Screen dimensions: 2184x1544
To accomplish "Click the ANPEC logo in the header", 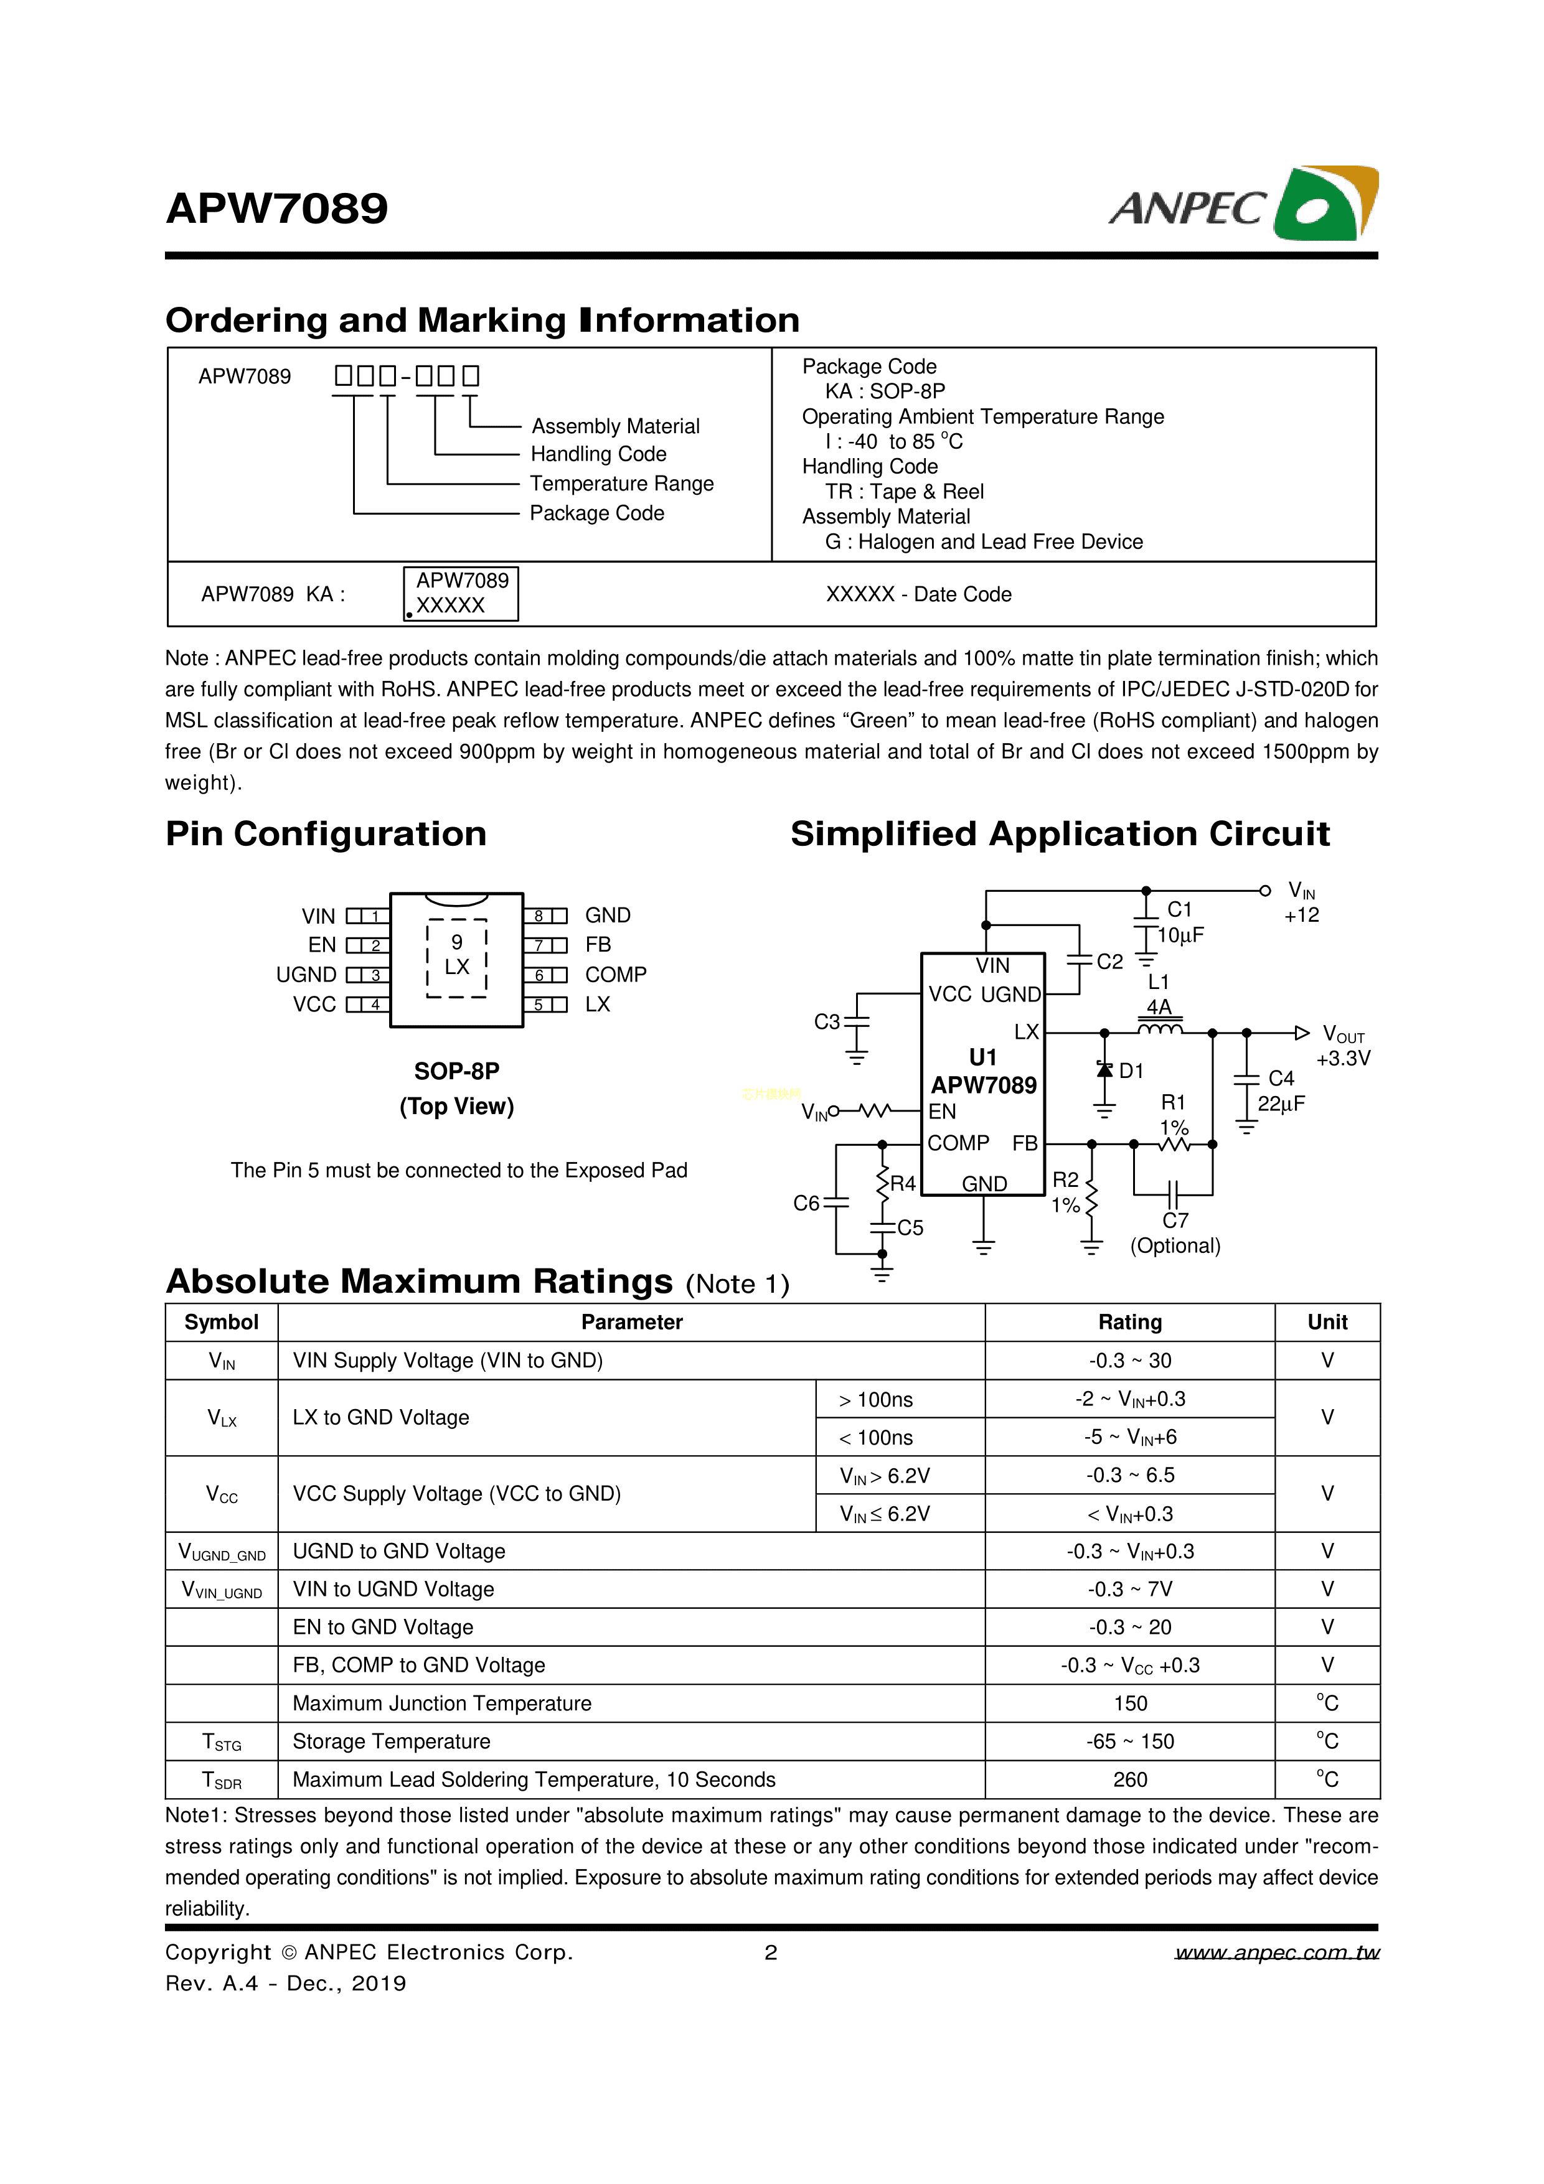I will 1243,205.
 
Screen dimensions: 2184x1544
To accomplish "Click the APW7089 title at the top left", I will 277,209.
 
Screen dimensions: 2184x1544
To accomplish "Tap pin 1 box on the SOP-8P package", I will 368,916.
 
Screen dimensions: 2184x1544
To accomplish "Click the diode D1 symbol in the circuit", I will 1104,1070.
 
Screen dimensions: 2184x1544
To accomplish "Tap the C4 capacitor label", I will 1281,1078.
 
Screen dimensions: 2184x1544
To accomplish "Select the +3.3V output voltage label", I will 1344,1059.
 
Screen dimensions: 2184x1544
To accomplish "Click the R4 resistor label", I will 902,1183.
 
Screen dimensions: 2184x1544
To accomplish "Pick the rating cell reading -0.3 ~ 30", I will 1129,1360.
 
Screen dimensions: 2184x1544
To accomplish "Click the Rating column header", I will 1129,1322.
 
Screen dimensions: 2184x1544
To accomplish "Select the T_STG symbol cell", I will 222,1741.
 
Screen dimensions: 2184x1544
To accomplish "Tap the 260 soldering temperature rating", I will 1129,1779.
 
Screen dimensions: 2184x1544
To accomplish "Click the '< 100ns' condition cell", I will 875,1437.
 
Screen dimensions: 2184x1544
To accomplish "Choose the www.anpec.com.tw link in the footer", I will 1277,1953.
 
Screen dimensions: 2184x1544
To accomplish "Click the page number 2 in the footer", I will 771,1953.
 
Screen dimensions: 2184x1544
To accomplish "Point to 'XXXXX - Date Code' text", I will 918,594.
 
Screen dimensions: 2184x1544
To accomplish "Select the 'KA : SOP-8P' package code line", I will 885,391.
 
